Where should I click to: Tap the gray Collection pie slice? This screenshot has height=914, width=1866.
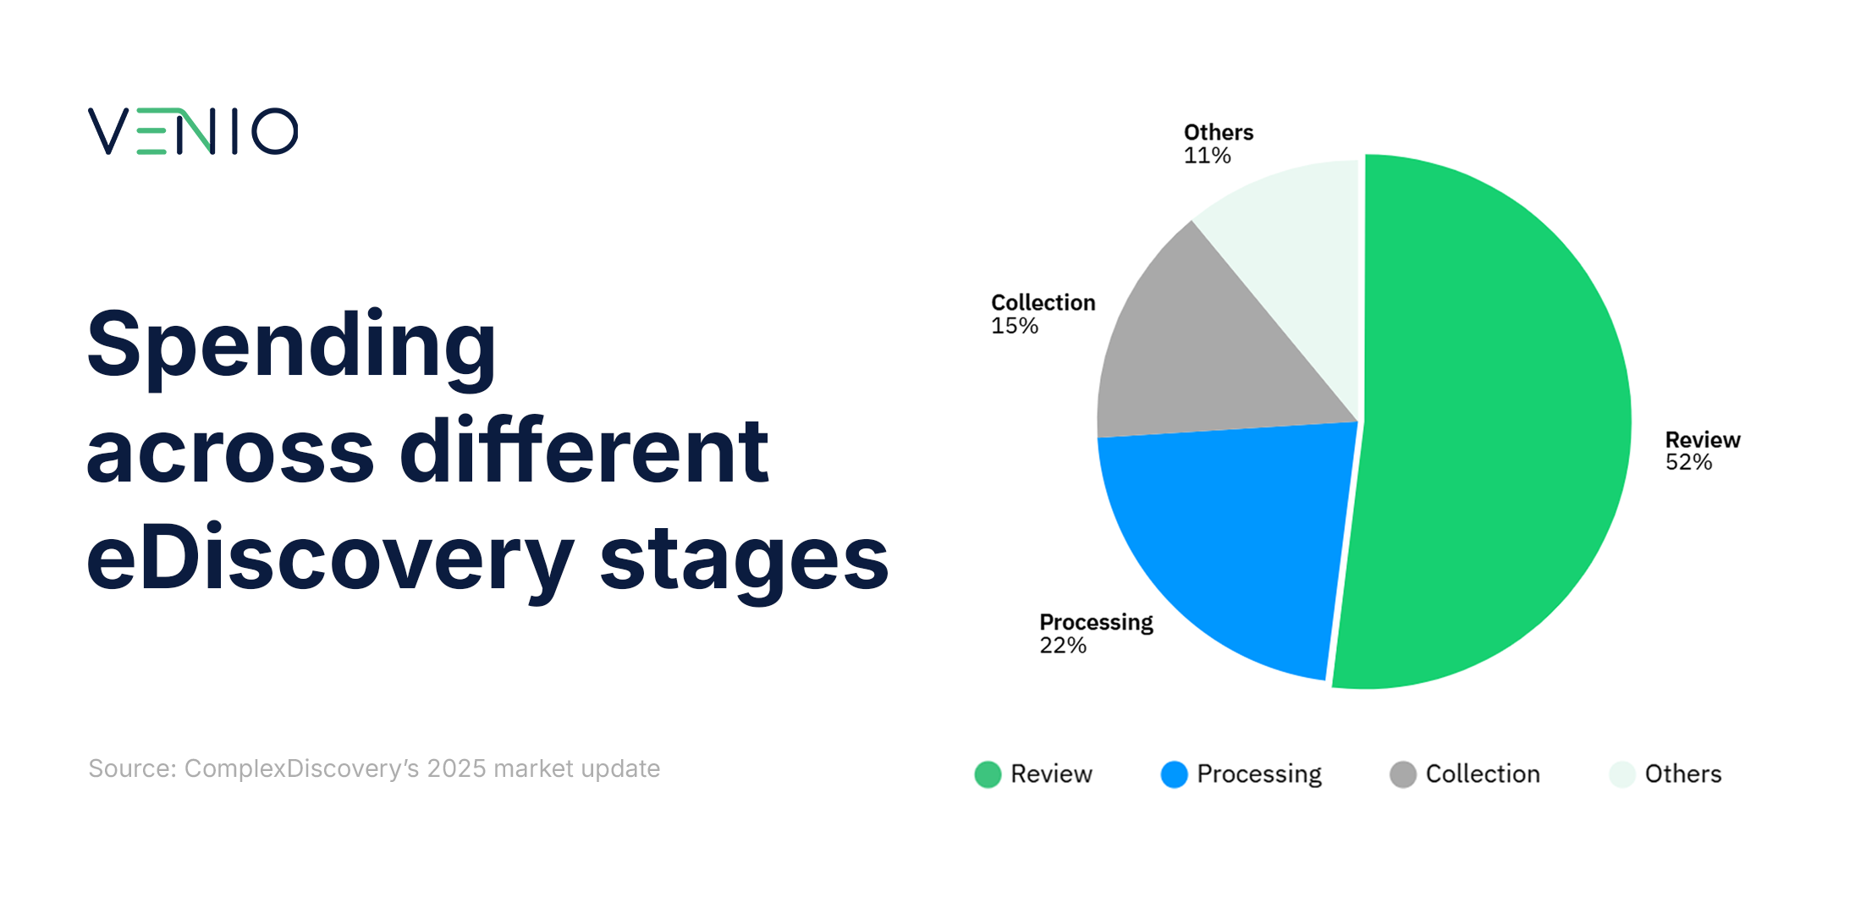pyautogui.click(x=1202, y=355)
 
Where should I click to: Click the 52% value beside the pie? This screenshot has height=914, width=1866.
pyautogui.click(x=1688, y=463)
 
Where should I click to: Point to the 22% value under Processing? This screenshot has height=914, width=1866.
pyautogui.click(x=1063, y=646)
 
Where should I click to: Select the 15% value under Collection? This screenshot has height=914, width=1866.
pyautogui.click(x=1014, y=326)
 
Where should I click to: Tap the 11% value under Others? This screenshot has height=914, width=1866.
pyautogui.click(x=1207, y=156)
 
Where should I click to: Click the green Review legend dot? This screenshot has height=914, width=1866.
pyautogui.click(x=988, y=774)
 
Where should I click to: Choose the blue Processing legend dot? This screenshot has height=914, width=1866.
pyautogui.click(x=1174, y=774)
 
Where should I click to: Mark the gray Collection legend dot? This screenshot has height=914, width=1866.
pyautogui.click(x=1402, y=774)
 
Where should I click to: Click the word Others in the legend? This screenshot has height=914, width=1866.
pyautogui.click(x=1682, y=774)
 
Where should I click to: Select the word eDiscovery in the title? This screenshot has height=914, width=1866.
pyautogui.click(x=330, y=559)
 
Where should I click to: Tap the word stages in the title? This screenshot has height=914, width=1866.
pyautogui.click(x=744, y=559)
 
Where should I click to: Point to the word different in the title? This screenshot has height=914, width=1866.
pyautogui.click(x=584, y=452)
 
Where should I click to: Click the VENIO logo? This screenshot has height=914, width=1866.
pyautogui.click(x=193, y=131)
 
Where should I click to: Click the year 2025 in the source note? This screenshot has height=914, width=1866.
pyautogui.click(x=456, y=768)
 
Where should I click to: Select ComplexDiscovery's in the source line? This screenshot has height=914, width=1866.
pyautogui.click(x=301, y=768)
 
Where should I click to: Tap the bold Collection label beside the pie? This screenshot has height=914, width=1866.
pyautogui.click(x=1043, y=303)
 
